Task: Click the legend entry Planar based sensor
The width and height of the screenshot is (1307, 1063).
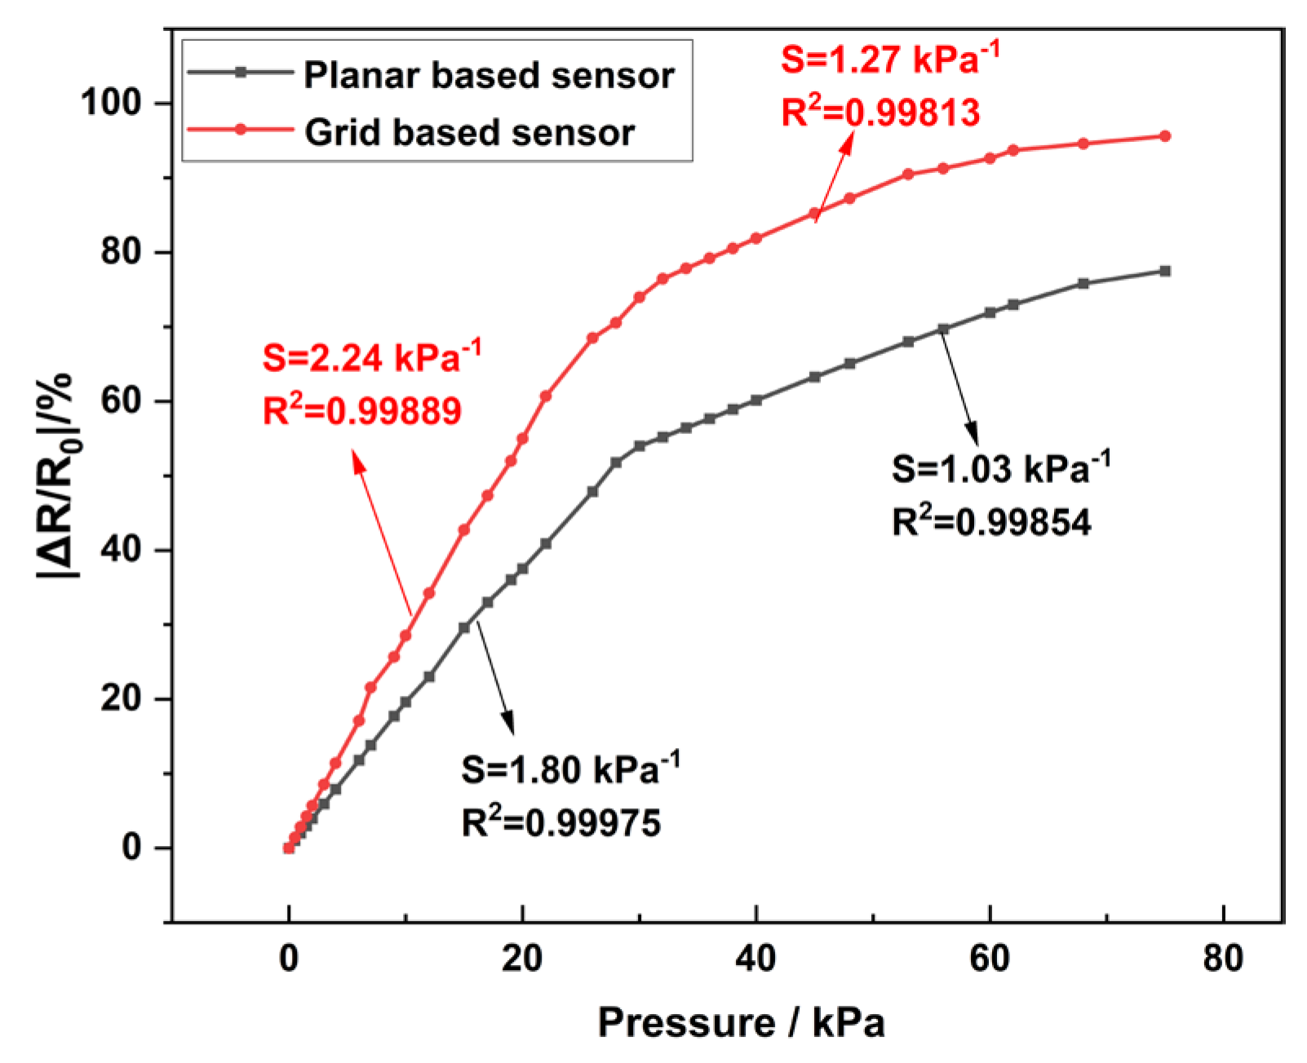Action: pos(488,75)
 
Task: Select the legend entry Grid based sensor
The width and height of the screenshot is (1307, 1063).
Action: pos(469,132)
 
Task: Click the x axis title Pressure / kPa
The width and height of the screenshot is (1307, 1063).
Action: pos(741,1023)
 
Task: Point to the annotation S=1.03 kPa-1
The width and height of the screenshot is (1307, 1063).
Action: pos(1000,470)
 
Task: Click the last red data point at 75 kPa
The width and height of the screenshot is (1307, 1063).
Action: pos(1165,136)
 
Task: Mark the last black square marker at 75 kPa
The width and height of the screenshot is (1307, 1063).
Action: pos(1165,271)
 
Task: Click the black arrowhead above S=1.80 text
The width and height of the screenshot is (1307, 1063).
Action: pos(509,724)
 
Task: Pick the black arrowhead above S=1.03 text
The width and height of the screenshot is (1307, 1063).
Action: pos(972,432)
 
